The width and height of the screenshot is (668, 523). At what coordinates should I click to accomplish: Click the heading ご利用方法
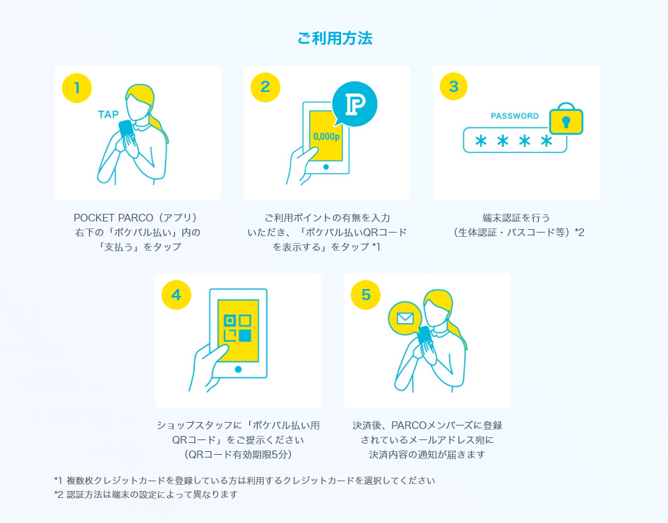pos(335,38)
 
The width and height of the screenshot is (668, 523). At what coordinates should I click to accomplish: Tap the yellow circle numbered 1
pos(77,88)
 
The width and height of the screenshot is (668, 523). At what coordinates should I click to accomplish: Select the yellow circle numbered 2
pos(265,87)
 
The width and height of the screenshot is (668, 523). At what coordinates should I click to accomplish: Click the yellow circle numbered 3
pos(454,86)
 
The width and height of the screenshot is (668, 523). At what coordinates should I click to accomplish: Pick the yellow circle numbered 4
pos(176,295)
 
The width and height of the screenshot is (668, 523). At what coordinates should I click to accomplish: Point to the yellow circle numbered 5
pos(365,295)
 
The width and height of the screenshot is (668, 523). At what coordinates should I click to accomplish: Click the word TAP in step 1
pos(109,114)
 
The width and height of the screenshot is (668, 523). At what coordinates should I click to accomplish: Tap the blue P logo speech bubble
pos(354,104)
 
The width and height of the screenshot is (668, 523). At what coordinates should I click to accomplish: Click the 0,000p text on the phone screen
pos(326,136)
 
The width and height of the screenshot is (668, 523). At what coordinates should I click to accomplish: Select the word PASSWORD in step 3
pos(515,116)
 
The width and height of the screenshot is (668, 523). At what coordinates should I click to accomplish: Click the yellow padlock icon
pos(566,119)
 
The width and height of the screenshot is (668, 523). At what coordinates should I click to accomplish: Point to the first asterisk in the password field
pos(481,141)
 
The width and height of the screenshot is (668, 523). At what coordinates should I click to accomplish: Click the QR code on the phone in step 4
pos(238,328)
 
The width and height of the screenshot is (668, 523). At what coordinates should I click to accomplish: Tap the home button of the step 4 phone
pos(238,370)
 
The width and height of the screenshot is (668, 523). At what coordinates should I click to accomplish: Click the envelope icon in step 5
pos(405,318)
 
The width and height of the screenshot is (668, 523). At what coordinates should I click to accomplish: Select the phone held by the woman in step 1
pos(126,129)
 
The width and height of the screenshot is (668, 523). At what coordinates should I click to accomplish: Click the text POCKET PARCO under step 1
pos(113,218)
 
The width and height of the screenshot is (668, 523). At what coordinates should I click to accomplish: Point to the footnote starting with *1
pos(244,481)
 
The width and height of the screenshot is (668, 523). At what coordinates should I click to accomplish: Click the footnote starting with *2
pos(145,494)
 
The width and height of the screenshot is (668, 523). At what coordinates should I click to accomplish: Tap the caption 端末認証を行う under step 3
pos(516,218)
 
